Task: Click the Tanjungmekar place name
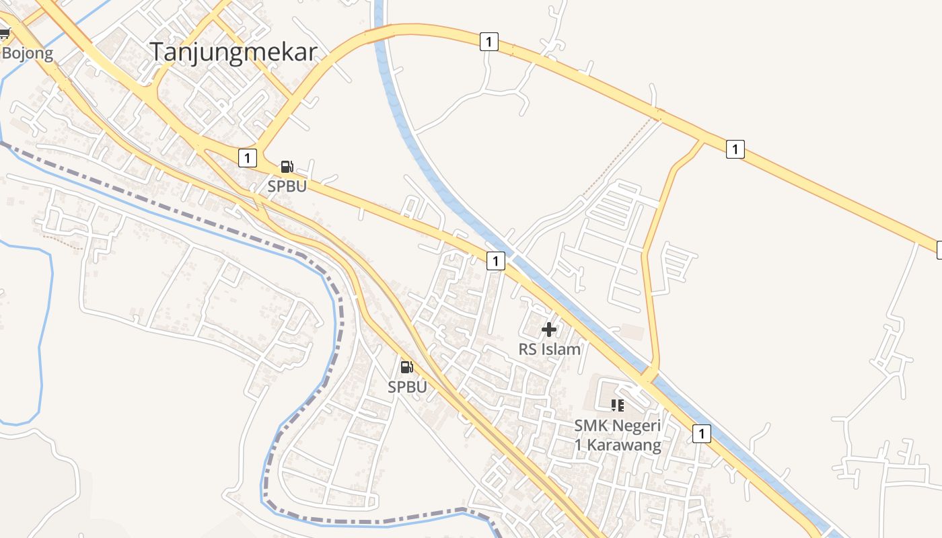233,52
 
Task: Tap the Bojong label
28,54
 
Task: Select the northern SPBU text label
287,186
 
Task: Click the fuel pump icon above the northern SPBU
287,167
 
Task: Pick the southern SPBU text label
407,387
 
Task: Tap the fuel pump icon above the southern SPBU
406,367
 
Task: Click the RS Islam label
549,349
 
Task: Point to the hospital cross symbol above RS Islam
549,330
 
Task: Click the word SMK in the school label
590,426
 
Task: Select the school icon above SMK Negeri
617,405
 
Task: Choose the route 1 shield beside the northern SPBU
248,158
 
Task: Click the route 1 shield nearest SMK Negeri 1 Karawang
701,434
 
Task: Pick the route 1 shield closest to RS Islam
495,261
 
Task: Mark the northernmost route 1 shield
488,42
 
